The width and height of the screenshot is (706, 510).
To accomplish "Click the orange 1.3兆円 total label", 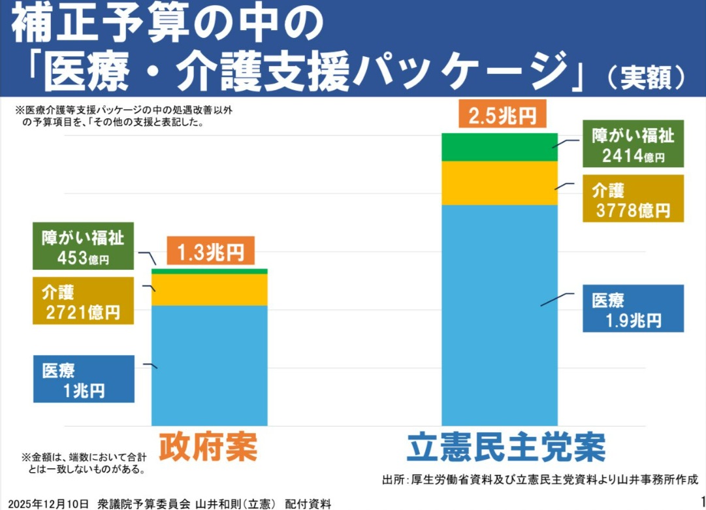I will coord(210,251).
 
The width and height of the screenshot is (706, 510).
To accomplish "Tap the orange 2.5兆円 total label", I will coord(503,116).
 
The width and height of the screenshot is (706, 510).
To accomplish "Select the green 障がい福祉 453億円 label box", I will coord(84,246).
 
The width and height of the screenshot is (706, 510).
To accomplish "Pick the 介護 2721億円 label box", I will coord(84,300).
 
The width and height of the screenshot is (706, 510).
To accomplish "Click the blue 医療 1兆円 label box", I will coord(84,379).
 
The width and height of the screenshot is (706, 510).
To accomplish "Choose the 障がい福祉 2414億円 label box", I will coord(632,145).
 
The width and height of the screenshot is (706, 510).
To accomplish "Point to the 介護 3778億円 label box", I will coord(632,199).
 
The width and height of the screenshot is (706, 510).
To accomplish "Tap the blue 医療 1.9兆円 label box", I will coord(632,308).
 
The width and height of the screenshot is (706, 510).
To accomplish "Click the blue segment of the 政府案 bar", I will coord(209,366).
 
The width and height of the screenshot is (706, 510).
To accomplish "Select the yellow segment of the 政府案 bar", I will coord(209,289).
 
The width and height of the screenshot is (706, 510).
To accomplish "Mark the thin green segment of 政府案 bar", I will coord(209,271).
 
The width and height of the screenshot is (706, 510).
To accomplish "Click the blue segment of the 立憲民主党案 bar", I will coord(500,313).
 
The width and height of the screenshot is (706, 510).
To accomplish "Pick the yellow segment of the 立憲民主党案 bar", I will coord(500,183).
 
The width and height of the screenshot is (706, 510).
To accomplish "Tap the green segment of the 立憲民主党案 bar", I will coord(500,147).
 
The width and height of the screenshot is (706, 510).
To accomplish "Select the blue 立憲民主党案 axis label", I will coord(505,447).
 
